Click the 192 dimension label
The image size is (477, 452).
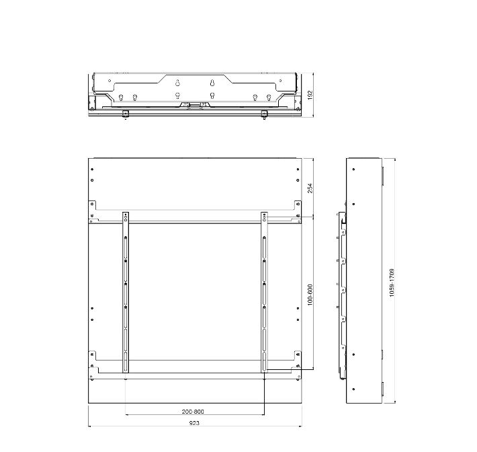[x=310, y=95]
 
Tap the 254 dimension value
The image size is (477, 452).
[x=310, y=188]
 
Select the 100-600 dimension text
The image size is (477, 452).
[x=310, y=295]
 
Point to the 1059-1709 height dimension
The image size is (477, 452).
[x=392, y=282]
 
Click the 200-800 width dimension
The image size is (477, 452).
[x=193, y=412]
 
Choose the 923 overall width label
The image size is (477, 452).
[x=194, y=423]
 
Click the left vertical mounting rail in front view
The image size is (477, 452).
[x=126, y=293]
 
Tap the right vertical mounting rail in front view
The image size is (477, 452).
[x=264, y=293]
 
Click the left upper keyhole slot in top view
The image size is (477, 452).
[x=177, y=83]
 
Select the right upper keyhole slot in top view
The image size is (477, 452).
[x=213, y=83]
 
